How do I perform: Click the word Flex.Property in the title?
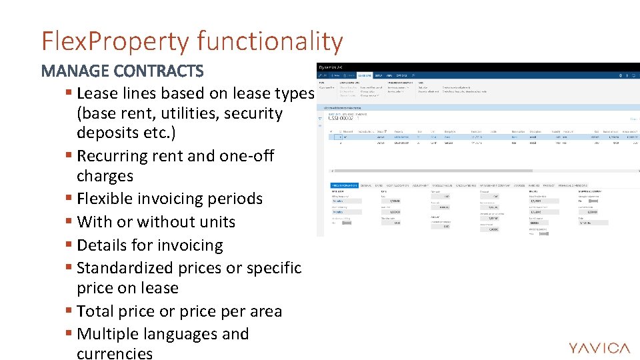click(115, 41)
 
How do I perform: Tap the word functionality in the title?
click(270, 41)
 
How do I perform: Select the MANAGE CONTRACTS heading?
click(122, 71)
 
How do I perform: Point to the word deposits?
click(109, 133)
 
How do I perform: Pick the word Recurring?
click(114, 156)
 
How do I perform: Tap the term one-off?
click(248, 156)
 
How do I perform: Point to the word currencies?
click(115, 353)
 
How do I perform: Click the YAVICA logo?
click(599, 348)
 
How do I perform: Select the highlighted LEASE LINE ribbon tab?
click(365, 76)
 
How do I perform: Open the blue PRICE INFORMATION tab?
click(345, 185)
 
